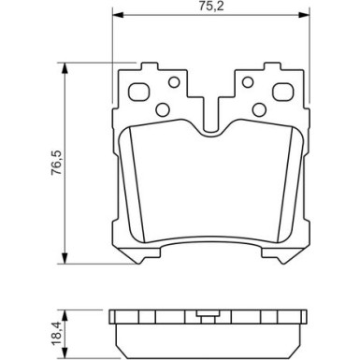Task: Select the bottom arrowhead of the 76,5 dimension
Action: point(64,262)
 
